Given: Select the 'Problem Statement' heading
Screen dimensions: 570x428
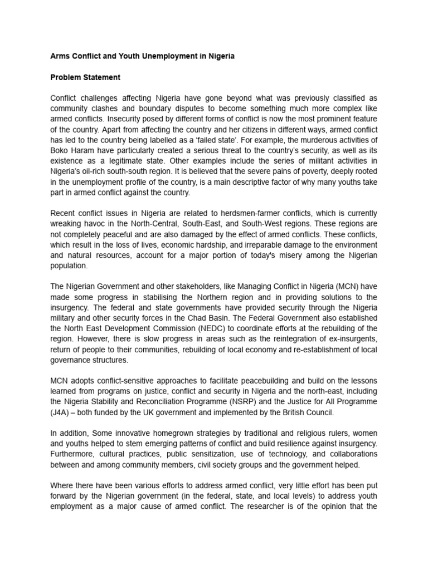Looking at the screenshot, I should [85, 77].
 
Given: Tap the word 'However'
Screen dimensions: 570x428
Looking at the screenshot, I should [87, 338].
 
